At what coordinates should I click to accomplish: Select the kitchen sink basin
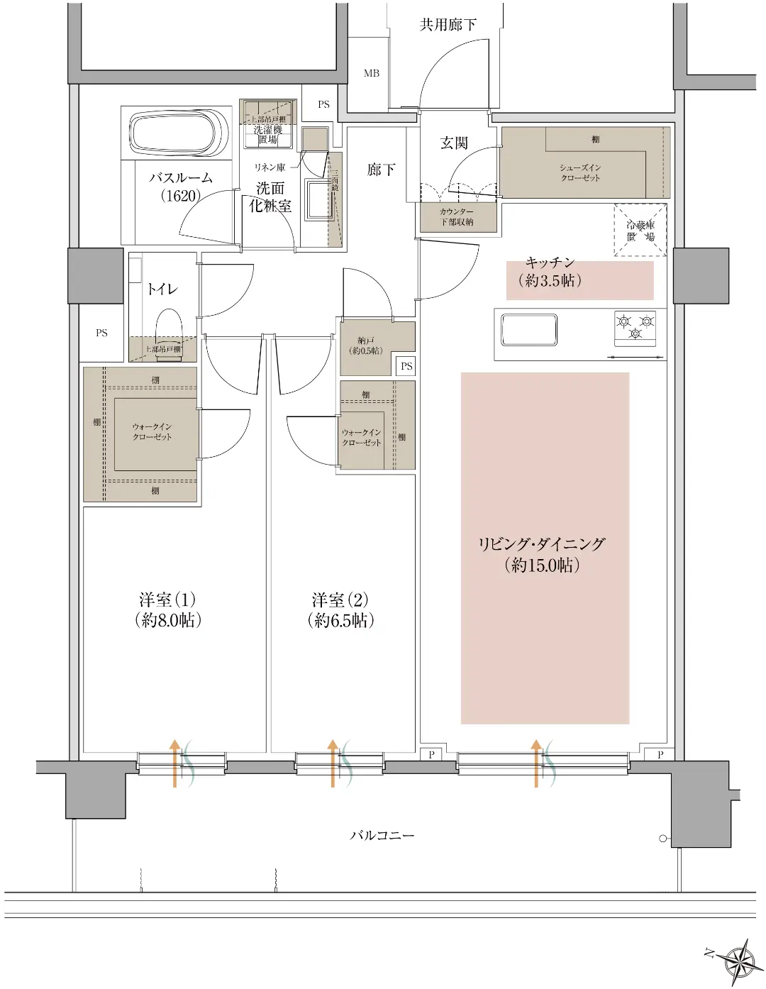coord(528,330)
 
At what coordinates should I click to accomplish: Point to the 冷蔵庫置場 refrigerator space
coord(640,230)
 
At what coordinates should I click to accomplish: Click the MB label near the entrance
coord(371,74)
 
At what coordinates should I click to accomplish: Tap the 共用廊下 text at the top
coord(448,25)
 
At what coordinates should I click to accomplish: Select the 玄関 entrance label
coord(454,143)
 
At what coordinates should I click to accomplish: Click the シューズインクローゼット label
coord(579,172)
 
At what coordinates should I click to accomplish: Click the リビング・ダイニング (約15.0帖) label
coord(543,554)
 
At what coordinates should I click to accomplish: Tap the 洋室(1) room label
coord(168,609)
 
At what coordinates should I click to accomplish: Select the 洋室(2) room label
coord(340,609)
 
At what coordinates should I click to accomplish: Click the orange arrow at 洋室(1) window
coord(174,763)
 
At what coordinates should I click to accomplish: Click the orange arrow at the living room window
coord(536,763)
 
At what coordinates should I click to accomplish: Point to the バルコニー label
coord(382,835)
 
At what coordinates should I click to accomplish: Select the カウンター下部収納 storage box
coord(456,217)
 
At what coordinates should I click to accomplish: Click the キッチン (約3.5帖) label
coord(550,271)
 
